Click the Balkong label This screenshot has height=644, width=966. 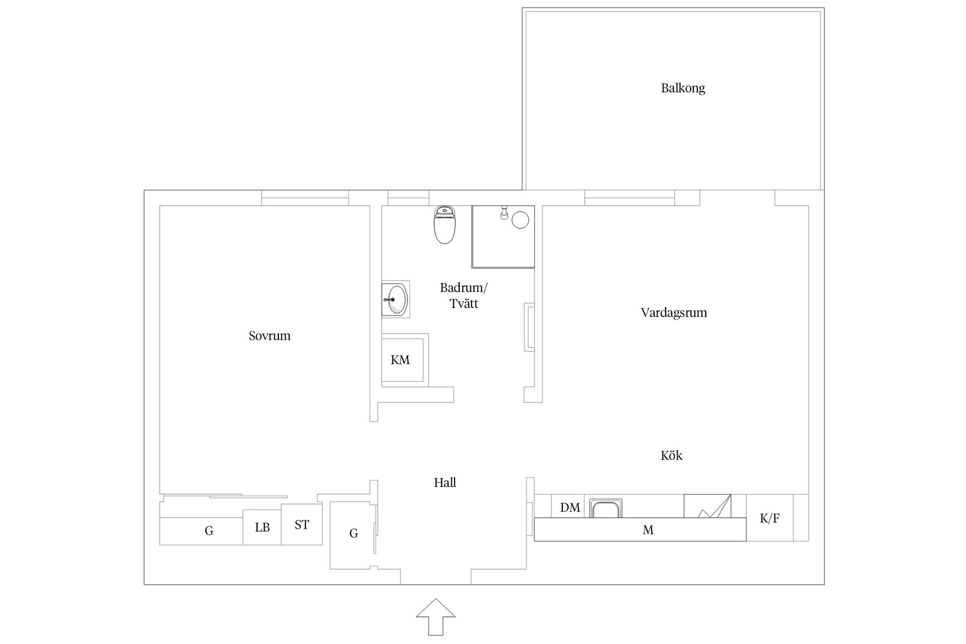683,89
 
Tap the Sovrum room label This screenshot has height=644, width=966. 269,336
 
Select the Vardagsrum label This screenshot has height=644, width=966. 674,313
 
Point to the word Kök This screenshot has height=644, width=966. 671,455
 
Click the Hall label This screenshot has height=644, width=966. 445,482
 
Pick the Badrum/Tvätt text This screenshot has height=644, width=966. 464,295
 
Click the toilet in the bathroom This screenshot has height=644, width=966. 444,225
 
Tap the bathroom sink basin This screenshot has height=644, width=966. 395,299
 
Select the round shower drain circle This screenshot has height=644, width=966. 520,220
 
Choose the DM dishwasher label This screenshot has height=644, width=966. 570,508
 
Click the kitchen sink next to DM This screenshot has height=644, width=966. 606,508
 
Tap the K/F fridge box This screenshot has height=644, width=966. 770,518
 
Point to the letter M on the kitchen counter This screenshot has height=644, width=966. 648,530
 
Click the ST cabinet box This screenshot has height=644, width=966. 301,524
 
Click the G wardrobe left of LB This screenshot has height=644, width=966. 201,531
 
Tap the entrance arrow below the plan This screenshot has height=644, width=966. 436,617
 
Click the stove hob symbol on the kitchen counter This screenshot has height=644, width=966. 707,506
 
